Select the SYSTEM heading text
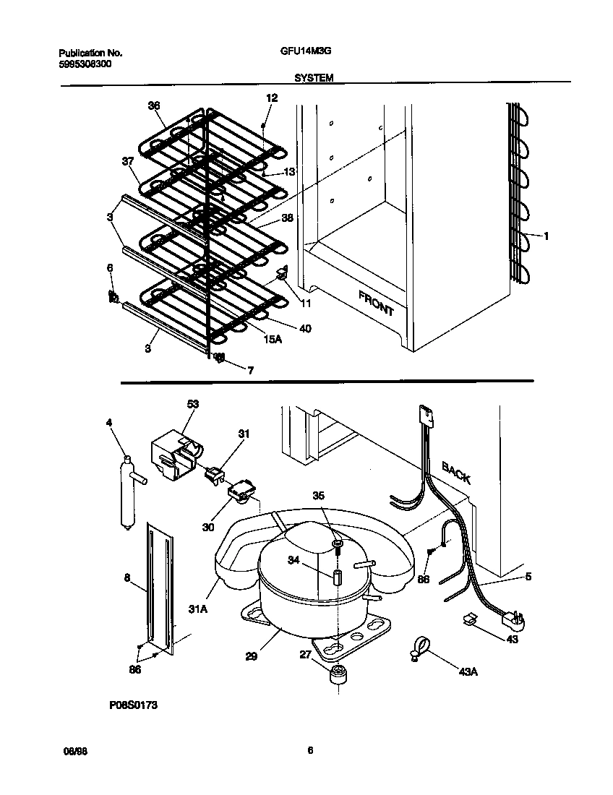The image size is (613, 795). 313,78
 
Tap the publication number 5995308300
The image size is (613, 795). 85,64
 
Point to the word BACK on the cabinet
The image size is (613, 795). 455,473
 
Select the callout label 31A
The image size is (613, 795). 199,609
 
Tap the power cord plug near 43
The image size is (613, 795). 516,619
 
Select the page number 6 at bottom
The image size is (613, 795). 309,750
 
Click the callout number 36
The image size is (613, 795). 153,106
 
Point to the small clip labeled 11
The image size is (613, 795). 282,275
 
